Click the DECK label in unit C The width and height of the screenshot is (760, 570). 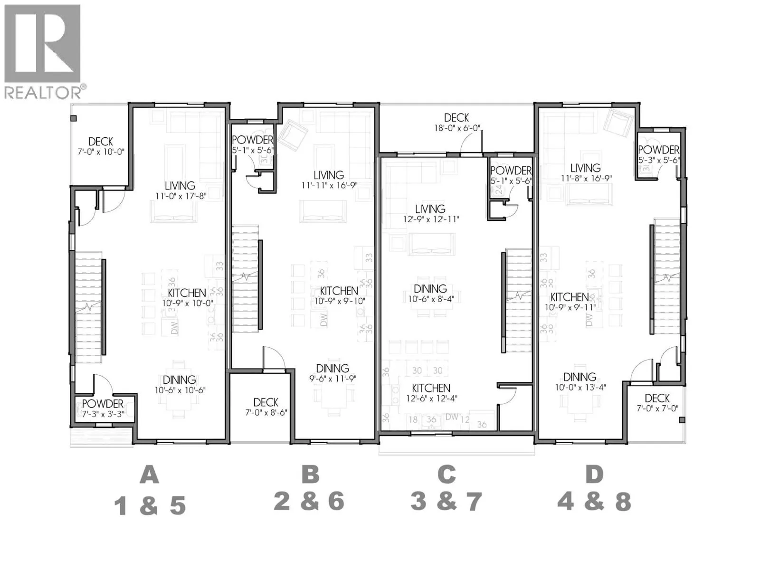tap(456, 117)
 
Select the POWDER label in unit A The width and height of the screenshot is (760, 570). tap(103, 404)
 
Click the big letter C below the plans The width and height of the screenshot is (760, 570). tap(446, 474)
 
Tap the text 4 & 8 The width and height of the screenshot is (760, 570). tap(594, 501)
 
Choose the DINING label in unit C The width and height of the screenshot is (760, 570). tap(430, 288)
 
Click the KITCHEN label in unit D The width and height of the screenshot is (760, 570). tap(570, 297)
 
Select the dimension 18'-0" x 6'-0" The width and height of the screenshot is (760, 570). tap(456, 128)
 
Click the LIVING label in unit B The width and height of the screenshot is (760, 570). tap(328, 175)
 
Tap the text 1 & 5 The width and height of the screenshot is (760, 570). tap(150, 506)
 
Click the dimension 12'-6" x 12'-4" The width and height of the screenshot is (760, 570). tap(431, 399)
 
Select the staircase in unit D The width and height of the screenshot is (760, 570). tap(667, 275)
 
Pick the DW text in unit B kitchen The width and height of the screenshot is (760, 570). tap(323, 319)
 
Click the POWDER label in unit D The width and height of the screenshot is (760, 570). tap(658, 150)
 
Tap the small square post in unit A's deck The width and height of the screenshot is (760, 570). tap(74, 118)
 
